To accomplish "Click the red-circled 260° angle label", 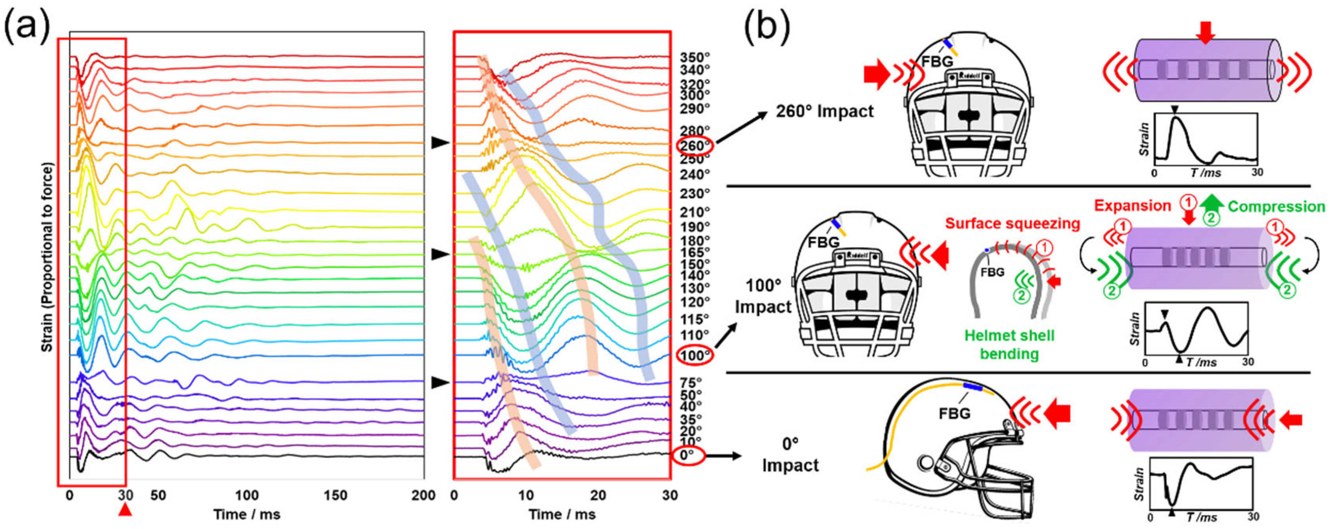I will (695, 146).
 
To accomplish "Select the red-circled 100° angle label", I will (695, 355).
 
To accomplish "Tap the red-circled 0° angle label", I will (688, 456).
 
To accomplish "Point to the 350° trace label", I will (695, 57).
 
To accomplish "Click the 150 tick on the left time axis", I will (335, 495).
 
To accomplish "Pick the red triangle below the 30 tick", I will (125, 510).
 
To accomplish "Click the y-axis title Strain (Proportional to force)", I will (47, 257).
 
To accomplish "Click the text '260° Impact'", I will (825, 111).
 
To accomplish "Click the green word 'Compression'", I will (1276, 207).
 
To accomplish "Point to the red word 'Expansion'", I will (1132, 206).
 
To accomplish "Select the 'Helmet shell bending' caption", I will (1009, 345).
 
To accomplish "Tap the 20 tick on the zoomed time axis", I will (598, 495).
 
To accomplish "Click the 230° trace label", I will (695, 193).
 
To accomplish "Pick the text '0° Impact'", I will (791, 455).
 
